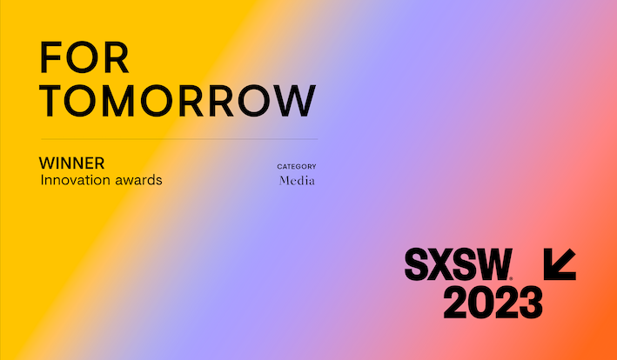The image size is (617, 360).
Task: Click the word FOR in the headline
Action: [84, 57]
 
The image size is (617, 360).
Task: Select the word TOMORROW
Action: [178, 101]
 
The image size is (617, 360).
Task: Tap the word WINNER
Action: [71, 163]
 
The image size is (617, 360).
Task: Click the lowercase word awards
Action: [138, 180]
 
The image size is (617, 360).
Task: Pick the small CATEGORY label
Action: [297, 167]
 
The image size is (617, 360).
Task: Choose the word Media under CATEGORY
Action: [297, 181]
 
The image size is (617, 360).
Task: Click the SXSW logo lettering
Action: [459, 264]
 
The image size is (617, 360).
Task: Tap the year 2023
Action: [493, 303]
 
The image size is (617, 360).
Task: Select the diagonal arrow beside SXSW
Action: [560, 264]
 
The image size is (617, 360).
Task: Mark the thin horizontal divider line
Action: [179, 139]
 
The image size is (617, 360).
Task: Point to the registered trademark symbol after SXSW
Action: [511, 278]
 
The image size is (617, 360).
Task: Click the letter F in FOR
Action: [50, 57]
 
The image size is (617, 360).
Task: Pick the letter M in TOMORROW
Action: [118, 101]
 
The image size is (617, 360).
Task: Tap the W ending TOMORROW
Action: [295, 101]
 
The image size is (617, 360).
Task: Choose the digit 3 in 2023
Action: [531, 303]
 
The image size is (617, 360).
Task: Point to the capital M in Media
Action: [285, 181]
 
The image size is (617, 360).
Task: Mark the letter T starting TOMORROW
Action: [50, 101]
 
